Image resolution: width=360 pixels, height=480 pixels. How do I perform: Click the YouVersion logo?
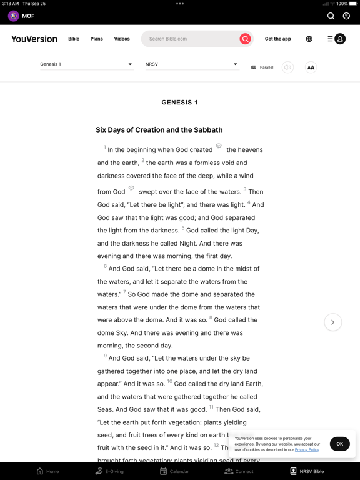click(34, 39)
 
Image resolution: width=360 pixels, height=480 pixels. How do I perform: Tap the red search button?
click(245, 39)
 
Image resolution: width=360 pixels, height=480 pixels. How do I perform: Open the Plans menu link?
click(96, 39)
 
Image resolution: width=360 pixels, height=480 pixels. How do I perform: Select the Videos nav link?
click(122, 39)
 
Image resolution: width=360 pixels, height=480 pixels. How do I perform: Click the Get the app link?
click(277, 39)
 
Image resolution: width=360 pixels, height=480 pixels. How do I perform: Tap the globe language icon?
click(309, 39)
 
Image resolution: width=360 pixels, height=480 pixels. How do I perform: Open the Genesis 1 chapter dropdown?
click(86, 64)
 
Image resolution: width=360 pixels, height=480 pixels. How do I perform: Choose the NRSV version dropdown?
click(191, 64)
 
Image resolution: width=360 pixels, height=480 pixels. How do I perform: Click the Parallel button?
click(262, 67)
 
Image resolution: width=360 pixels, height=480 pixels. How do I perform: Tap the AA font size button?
click(311, 67)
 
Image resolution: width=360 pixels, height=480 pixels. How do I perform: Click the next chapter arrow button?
click(332, 322)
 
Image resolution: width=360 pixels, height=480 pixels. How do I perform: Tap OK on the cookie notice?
click(339, 444)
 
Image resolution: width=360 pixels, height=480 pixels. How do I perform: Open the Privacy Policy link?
click(307, 449)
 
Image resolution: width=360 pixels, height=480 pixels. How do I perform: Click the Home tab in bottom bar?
click(47, 471)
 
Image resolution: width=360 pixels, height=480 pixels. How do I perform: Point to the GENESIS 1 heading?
click(179, 102)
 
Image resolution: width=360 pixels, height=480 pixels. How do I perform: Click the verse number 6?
click(105, 266)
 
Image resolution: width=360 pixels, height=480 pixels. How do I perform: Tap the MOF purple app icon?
click(13, 16)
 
